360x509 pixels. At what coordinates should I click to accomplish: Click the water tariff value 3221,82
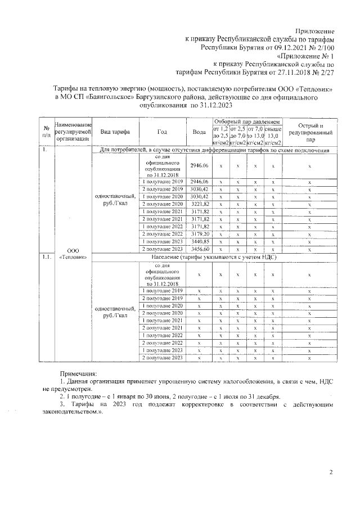[199, 203]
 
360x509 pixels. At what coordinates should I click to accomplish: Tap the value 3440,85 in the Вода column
[199, 241]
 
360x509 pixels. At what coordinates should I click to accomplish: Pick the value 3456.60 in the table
[199, 249]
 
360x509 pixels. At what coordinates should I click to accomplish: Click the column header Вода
[199, 132]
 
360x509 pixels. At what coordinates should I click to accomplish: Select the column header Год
[163, 132]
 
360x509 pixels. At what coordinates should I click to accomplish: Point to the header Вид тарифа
[115, 132]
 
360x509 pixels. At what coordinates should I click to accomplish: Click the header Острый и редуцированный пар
[310, 131]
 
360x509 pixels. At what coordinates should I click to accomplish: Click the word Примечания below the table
[79, 373]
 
